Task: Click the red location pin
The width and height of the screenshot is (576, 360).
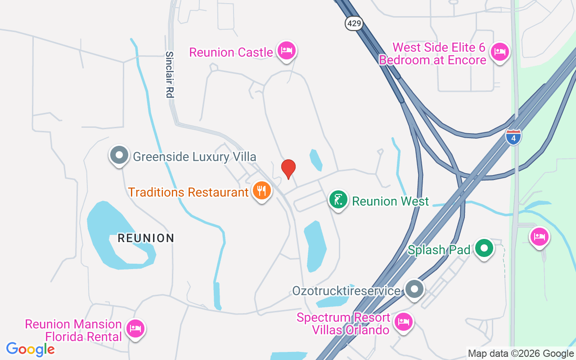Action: tap(288, 169)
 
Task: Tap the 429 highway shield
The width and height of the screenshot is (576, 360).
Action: tap(355, 23)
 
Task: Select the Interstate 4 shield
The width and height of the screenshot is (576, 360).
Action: tap(513, 137)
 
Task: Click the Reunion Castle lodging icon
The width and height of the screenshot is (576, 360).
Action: tap(286, 50)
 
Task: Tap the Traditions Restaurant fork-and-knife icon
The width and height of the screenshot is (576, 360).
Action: tap(261, 191)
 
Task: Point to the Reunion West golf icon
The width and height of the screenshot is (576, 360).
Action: tap(338, 199)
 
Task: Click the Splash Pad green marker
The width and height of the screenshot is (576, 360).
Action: tap(484, 248)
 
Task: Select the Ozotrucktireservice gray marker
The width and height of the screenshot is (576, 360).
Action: tap(414, 289)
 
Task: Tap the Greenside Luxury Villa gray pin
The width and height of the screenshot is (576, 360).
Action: tap(119, 155)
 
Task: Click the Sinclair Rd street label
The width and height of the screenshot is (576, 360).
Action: tap(169, 74)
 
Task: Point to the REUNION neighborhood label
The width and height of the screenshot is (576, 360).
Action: tap(146, 238)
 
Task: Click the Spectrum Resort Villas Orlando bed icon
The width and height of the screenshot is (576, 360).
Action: tap(404, 322)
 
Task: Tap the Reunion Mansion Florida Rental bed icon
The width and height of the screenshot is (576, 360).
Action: tap(135, 328)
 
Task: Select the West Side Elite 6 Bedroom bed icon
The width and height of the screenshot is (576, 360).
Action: tap(499, 52)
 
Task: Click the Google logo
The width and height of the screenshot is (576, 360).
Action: tap(31, 349)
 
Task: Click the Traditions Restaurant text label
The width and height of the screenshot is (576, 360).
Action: tap(188, 193)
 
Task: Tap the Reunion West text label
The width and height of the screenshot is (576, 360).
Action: tap(391, 201)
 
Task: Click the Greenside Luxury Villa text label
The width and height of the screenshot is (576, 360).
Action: tap(194, 157)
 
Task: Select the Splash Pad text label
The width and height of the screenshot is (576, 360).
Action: tap(439, 250)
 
